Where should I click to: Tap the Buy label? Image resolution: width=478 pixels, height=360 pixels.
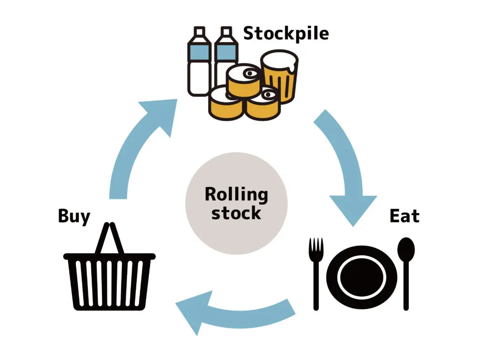[x=74, y=217]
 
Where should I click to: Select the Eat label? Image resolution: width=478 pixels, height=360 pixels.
[x=404, y=216]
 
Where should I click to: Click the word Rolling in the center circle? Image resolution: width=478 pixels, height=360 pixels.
[x=236, y=194]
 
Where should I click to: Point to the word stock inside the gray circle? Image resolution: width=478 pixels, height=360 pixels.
[x=236, y=213]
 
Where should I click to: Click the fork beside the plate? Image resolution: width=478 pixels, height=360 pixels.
[x=316, y=271]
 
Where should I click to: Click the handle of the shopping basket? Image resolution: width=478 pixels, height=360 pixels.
[x=110, y=238]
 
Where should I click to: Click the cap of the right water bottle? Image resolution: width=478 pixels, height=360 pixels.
[x=226, y=32]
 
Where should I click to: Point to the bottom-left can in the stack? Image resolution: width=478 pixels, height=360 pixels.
[x=225, y=105]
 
